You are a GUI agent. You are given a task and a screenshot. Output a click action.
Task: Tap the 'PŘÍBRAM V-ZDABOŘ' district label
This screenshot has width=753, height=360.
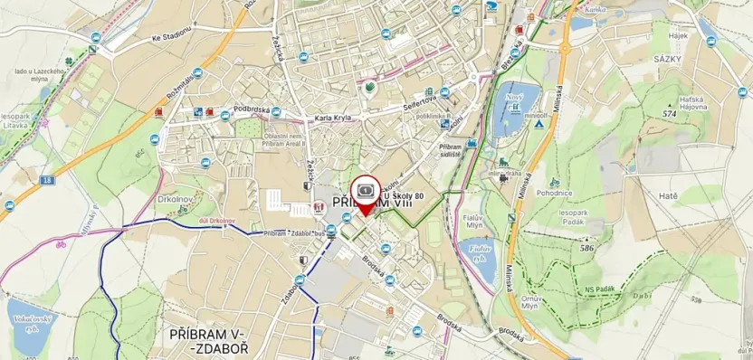(x=206, y=342)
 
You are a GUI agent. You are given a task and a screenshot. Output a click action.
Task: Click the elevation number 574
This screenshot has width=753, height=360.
(x=670, y=115)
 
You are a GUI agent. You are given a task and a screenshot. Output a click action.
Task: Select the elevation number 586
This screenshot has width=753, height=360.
(x=586, y=247)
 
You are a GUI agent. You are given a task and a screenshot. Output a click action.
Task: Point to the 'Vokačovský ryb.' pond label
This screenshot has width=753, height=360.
(x=27, y=323)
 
